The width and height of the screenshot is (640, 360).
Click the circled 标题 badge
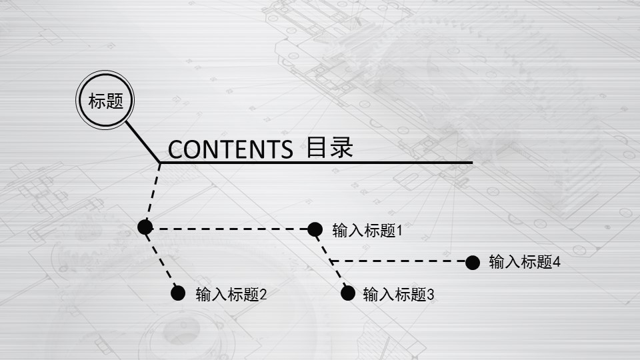coord(105,100)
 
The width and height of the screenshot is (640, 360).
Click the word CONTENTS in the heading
coord(230,149)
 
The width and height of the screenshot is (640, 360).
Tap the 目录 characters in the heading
coord(329,147)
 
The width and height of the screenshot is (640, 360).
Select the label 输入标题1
coord(367,231)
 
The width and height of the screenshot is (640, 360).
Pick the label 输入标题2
coord(231,294)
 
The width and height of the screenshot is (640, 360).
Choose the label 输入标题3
coord(399,294)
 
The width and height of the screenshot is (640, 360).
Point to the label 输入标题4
coord(525,262)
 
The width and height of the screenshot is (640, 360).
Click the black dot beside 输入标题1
coord(315,229)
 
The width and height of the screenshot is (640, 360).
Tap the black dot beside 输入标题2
coord(178,293)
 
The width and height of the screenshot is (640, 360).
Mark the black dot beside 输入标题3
coord(348,293)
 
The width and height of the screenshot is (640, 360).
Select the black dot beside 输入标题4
coord(473,263)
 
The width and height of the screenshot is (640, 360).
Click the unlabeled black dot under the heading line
coord(145,227)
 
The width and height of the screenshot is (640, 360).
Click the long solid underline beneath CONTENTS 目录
coord(316,163)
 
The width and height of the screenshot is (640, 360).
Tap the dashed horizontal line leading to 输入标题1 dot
coord(230,229)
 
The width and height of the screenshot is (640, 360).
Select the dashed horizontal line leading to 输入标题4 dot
coord(398,261)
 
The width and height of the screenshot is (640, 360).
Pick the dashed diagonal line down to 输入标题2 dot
coord(161,260)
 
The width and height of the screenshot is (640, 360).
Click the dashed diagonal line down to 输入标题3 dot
coord(331,261)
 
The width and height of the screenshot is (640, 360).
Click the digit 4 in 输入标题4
coord(557,262)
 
